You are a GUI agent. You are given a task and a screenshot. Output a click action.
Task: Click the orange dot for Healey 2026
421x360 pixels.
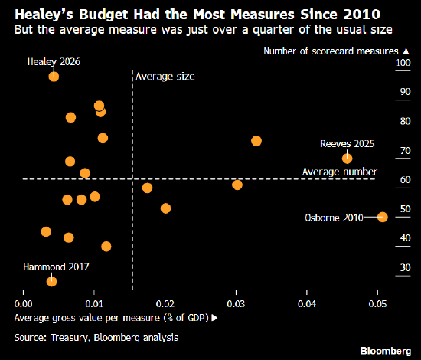click(54, 77)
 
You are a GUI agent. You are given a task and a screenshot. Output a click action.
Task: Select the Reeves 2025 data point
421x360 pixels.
click(348, 159)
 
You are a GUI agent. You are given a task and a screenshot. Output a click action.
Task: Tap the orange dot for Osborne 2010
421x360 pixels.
click(383, 217)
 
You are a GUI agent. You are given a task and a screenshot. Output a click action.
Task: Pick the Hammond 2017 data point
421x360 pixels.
click(51, 281)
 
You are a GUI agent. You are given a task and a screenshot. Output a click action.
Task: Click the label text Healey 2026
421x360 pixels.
click(54, 62)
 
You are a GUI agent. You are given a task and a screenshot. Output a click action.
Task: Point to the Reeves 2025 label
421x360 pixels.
click(348, 144)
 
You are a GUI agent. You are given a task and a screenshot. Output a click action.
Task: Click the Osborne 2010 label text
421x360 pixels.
click(334, 218)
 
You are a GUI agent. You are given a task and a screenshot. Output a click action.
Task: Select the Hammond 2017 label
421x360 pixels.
click(56, 267)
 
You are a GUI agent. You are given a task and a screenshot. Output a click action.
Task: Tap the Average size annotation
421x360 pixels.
click(165, 77)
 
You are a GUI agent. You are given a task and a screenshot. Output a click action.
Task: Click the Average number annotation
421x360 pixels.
click(340, 172)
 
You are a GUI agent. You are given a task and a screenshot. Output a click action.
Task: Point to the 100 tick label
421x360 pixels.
click(403, 63)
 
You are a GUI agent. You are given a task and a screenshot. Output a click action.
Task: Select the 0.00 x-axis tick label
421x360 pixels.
click(24, 304)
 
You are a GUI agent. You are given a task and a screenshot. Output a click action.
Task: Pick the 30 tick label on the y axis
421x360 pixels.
click(406, 267)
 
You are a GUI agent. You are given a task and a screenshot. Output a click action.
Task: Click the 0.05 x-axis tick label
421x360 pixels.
click(377, 304)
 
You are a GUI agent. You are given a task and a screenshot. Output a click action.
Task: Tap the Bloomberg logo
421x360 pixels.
click(386, 351)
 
